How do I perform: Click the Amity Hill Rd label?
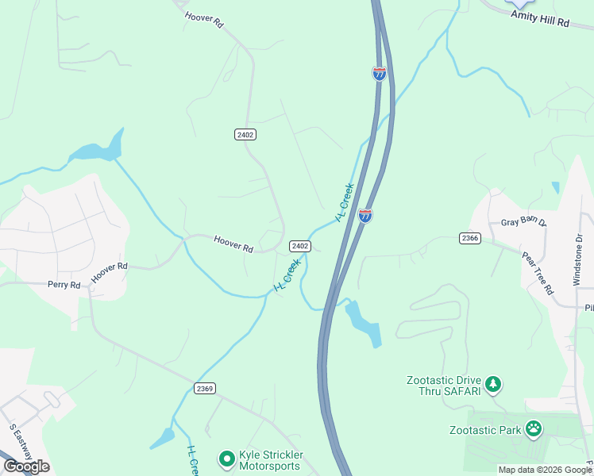(540, 19)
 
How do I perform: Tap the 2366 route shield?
(469, 238)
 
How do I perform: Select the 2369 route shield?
(204, 388)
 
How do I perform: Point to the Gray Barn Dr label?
(524, 224)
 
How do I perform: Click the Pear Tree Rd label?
(538, 274)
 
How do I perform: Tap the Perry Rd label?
(64, 284)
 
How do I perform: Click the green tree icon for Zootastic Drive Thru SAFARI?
(494, 385)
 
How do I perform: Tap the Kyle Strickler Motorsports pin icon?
(226, 458)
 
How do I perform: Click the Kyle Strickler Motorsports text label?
(270, 460)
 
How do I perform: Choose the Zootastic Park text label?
(482, 430)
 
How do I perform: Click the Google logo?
(26, 466)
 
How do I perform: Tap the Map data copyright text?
(545, 470)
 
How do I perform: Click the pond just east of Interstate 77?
(363, 322)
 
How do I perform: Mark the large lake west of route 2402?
(97, 148)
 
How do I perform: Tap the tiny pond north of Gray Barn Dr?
(555, 188)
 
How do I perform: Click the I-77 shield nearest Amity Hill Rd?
(380, 74)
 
